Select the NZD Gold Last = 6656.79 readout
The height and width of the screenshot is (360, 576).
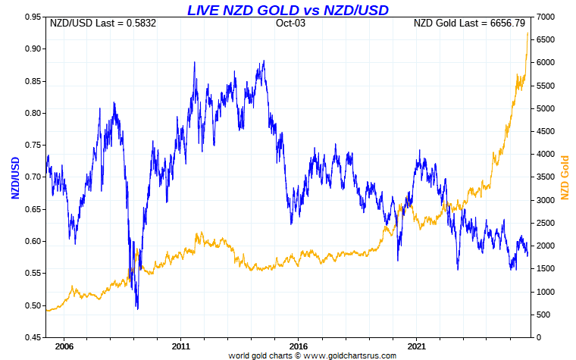[x=469, y=23]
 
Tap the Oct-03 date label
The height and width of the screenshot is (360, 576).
[x=289, y=23]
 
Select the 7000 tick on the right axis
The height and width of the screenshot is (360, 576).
[x=545, y=17]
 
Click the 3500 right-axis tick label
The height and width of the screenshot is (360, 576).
[x=545, y=177]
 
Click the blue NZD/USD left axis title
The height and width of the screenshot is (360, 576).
[x=15, y=178]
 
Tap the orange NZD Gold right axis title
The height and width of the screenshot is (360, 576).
[x=564, y=178]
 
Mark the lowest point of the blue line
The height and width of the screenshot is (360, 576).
[x=137, y=308]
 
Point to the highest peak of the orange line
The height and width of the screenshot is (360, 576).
[x=527, y=33]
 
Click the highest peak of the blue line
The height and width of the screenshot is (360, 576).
[x=263, y=61]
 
